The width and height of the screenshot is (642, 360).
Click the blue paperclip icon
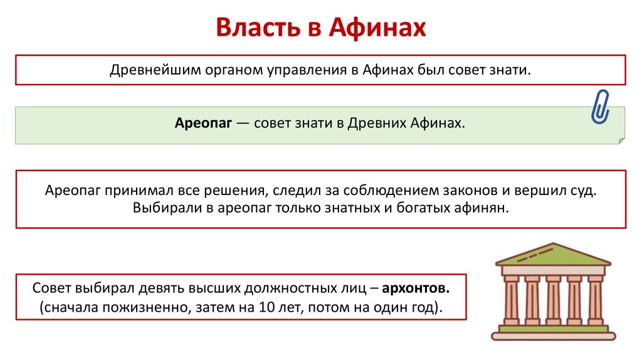tap(600, 106)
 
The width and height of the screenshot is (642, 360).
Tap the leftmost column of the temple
tap(511, 301)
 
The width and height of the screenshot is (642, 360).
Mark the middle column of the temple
tap(552, 301)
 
